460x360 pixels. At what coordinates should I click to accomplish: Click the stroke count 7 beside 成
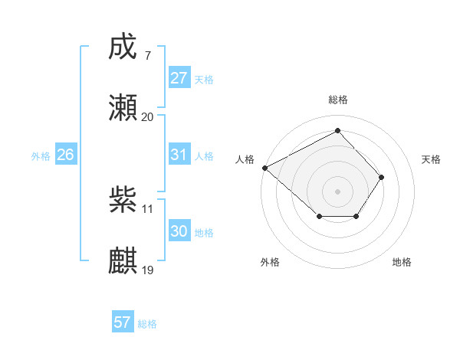click(x=147, y=56)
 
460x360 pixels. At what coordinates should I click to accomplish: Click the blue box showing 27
click(x=179, y=78)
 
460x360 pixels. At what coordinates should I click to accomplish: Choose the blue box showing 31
click(x=179, y=155)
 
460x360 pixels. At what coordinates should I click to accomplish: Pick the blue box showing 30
click(x=179, y=231)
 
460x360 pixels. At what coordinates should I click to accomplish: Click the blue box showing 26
click(x=65, y=155)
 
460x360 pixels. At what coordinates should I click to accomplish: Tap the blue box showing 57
click(x=122, y=322)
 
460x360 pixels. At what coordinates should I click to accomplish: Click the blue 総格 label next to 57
click(x=147, y=324)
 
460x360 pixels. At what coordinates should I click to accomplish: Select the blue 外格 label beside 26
click(x=41, y=156)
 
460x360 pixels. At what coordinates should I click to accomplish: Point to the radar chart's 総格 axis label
click(x=337, y=100)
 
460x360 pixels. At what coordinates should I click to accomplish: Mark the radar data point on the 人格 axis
click(x=264, y=167)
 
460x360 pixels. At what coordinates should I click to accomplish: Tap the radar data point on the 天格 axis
click(x=381, y=177)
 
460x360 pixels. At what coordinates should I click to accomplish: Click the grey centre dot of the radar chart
click(x=337, y=191)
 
